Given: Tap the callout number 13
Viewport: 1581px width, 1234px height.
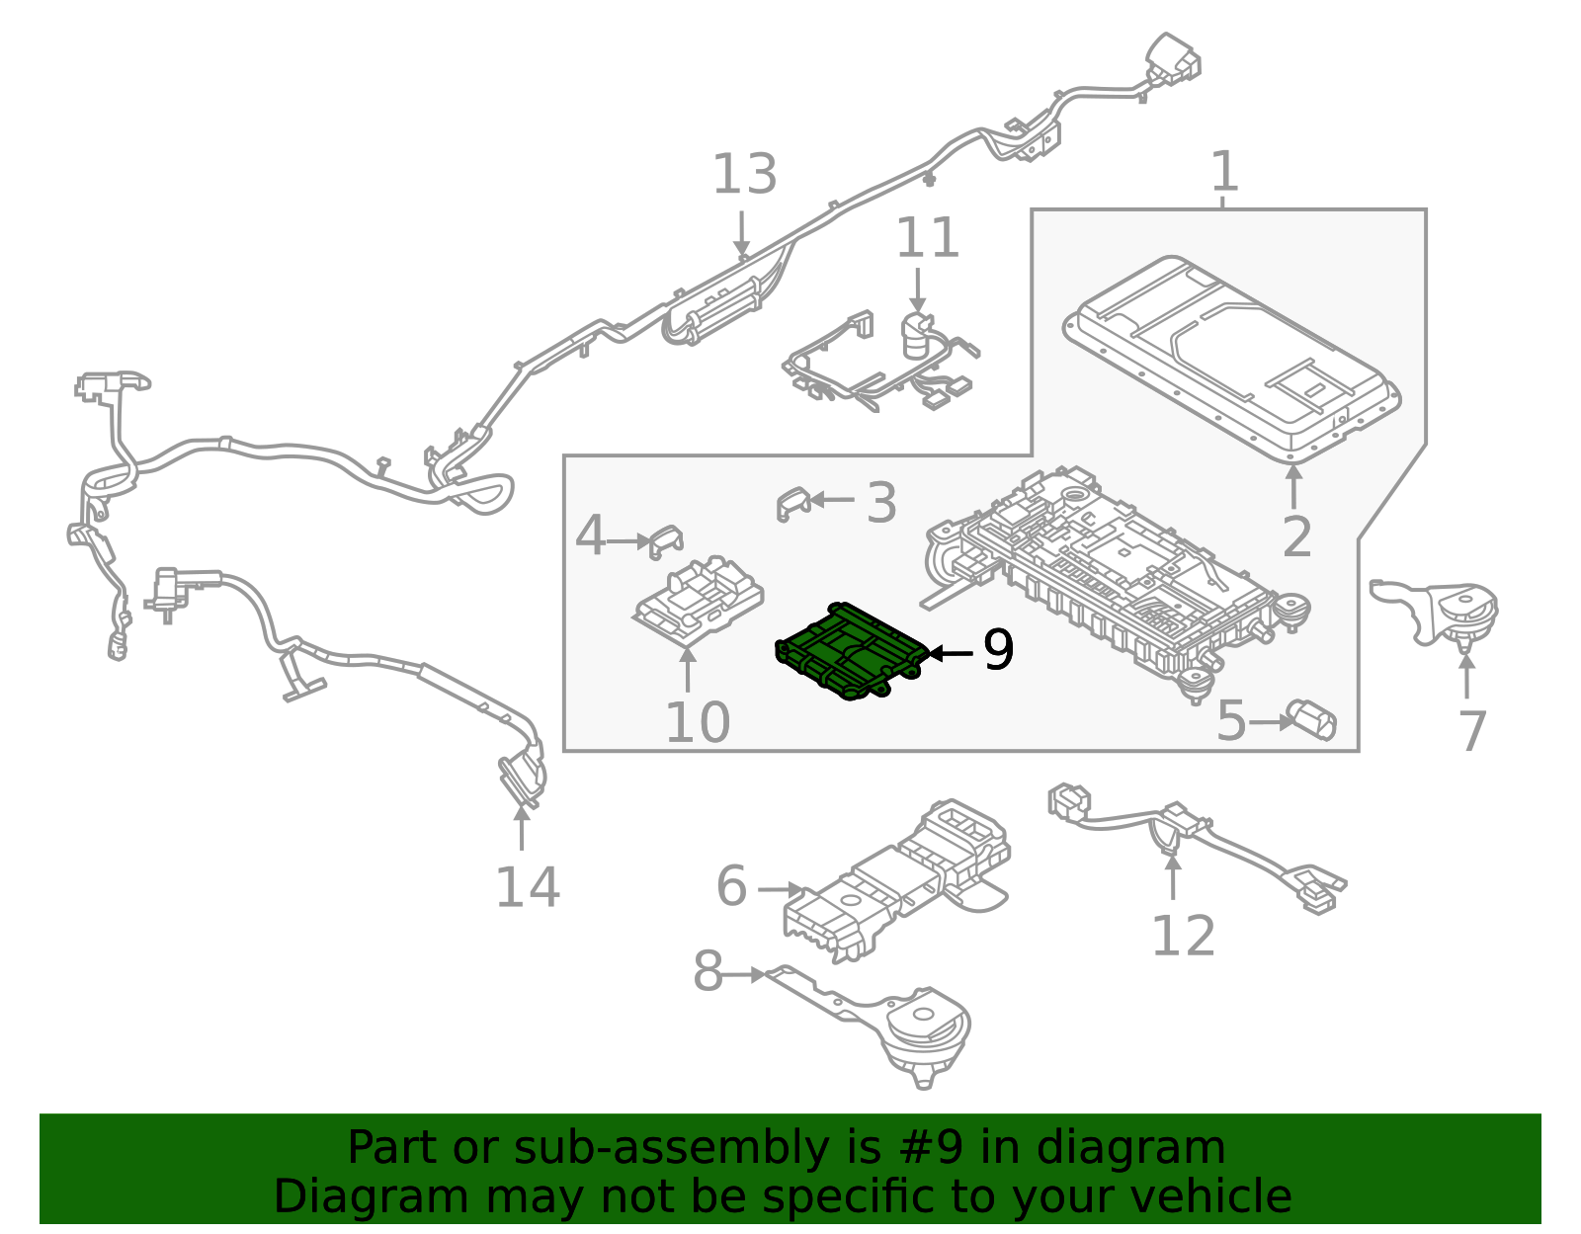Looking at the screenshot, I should (745, 175).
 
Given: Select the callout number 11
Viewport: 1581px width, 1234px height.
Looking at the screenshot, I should (927, 238).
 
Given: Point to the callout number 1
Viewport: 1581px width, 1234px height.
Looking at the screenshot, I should (1224, 171).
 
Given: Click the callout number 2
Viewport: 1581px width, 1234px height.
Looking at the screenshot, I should (1296, 537).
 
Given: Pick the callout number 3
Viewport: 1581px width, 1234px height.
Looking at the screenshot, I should (880, 503).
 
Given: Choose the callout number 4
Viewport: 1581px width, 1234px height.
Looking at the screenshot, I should (590, 536).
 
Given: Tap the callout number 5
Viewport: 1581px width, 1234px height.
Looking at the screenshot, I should (1232, 721).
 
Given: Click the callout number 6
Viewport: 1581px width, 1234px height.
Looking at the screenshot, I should (731, 885).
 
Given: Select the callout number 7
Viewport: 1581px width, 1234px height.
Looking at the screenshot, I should (1472, 732).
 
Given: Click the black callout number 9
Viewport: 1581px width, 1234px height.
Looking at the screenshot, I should (998, 650).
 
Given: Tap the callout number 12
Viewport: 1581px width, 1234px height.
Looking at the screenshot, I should (1183, 936).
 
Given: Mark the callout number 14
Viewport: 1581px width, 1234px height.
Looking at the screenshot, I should (528, 886).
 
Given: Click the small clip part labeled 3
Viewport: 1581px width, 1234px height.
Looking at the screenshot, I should (792, 503).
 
